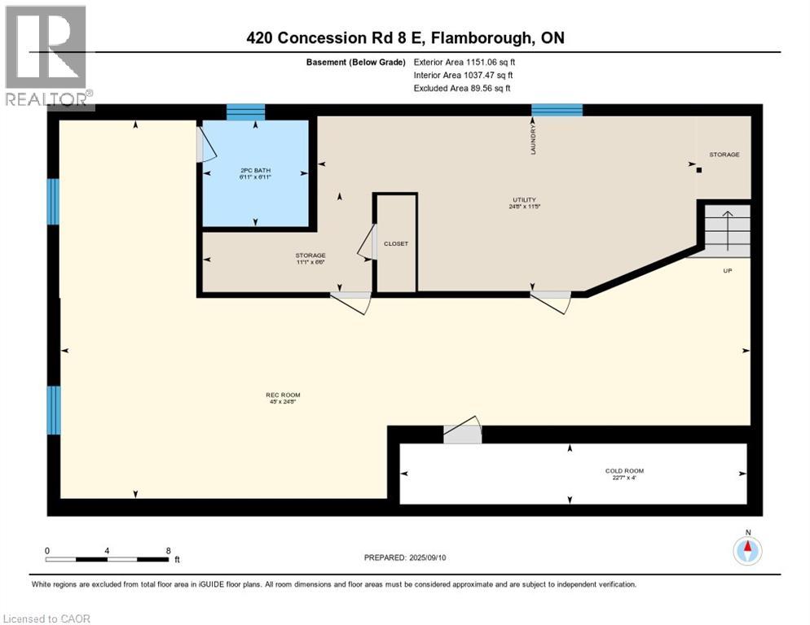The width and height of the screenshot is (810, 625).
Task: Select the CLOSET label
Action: (x=396, y=243)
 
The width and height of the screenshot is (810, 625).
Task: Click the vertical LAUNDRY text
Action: (x=534, y=139)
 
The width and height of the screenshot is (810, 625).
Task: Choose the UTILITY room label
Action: (x=523, y=203)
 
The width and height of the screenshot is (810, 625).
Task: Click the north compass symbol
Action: (x=746, y=550)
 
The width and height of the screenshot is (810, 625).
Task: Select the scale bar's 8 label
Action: (x=168, y=550)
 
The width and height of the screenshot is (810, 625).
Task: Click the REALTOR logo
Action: (x=48, y=57)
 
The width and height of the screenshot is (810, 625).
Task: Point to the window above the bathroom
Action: (x=245, y=112)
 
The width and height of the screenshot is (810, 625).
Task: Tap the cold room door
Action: (x=462, y=431)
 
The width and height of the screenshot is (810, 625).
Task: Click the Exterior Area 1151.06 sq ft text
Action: (x=464, y=62)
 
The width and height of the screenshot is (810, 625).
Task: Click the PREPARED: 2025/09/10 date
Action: (x=405, y=557)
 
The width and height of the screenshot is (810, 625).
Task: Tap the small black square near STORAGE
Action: (x=698, y=170)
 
